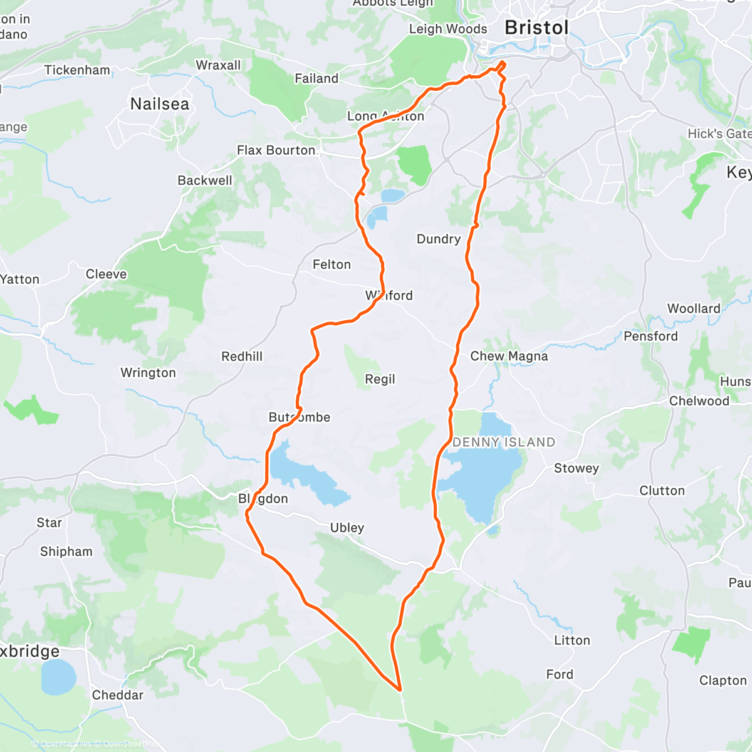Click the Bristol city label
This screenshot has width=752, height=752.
click(536, 28)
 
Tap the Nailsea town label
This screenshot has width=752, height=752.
click(160, 104)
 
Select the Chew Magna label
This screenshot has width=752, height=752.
click(509, 356)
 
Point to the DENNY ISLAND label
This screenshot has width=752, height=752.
click(504, 442)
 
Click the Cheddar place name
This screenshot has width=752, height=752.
click(118, 695)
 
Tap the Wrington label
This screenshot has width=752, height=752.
click(148, 373)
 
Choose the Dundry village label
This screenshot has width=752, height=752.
click(439, 239)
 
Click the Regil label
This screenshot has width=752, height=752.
click(380, 379)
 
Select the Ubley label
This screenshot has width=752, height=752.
click(347, 528)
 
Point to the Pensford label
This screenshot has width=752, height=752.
click(650, 336)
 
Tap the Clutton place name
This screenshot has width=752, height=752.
click(662, 491)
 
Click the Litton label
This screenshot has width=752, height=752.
click(572, 640)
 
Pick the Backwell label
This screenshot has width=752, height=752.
click(205, 180)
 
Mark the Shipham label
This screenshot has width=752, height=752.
click(66, 551)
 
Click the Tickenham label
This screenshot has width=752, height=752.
click(77, 70)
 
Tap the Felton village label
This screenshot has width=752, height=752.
click(332, 264)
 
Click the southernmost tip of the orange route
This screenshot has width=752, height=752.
click(400, 690)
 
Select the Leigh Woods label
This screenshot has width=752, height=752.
click(447, 29)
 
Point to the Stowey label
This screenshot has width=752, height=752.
click(577, 468)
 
